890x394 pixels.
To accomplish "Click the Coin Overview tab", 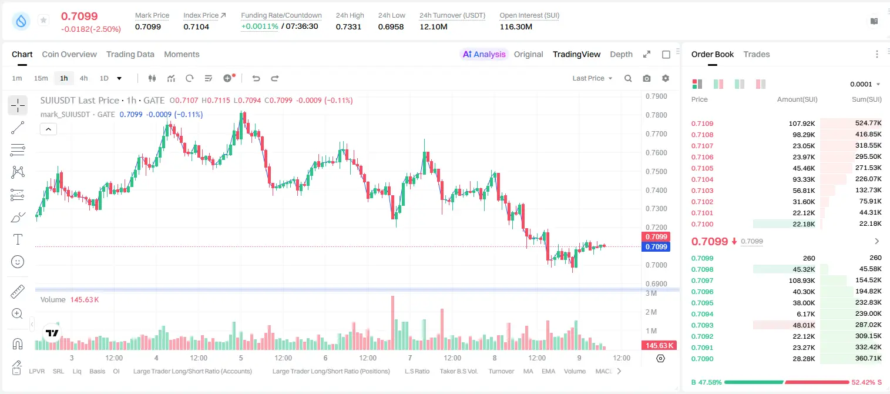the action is click(69, 54).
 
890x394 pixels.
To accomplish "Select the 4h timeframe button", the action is click(83, 78).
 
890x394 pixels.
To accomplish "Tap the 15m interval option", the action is click(41, 78).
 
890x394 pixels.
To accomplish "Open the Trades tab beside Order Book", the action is click(757, 54).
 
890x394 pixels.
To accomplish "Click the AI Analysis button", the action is click(484, 54).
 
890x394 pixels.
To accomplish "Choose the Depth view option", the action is click(621, 54).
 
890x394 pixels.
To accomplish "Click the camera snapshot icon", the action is click(647, 78).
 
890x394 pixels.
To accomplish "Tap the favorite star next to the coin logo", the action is click(43, 20).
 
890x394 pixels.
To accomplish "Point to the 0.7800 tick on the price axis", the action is click(656, 115).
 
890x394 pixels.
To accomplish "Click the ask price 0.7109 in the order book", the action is click(702, 123).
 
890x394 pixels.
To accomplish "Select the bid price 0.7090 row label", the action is click(702, 359).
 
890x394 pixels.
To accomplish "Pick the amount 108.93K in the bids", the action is click(802, 281).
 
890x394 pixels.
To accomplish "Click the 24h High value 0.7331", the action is click(348, 26).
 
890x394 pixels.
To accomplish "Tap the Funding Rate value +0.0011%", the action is click(260, 26).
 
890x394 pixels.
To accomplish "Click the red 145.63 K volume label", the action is click(659, 346).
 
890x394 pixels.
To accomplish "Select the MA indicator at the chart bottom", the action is click(528, 371).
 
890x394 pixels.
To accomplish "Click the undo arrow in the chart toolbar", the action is click(256, 78).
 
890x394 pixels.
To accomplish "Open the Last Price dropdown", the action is click(592, 78).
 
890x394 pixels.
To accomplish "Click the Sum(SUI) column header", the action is click(867, 99).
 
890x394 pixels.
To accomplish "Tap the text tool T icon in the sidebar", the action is click(18, 239).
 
